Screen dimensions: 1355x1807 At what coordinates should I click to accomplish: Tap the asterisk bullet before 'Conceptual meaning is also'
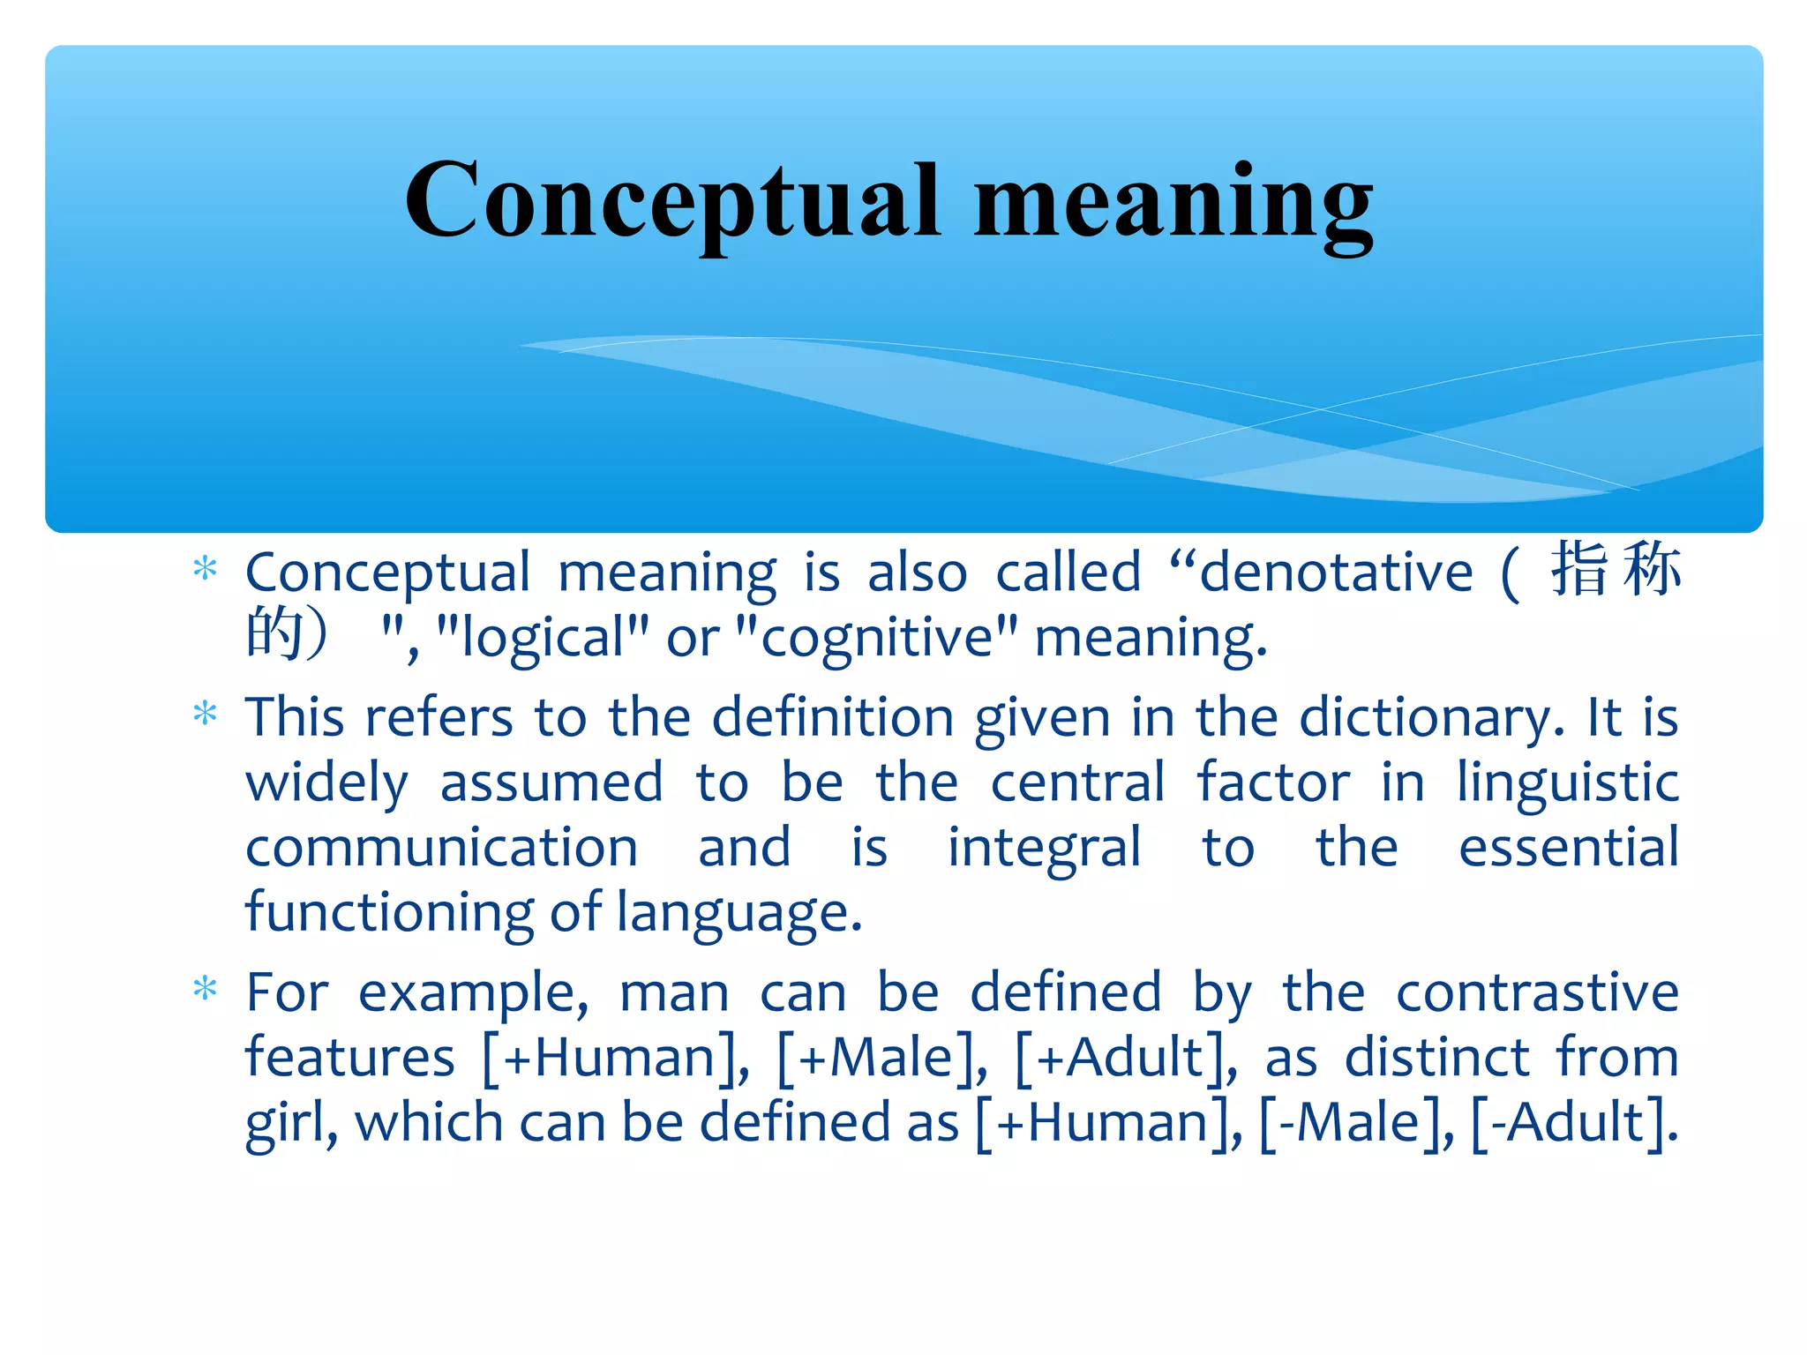[205, 569]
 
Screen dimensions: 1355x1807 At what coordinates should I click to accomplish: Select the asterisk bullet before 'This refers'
[205, 713]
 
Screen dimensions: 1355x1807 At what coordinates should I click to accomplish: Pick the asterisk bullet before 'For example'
[205, 989]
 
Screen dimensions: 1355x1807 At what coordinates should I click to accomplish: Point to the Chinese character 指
[1580, 569]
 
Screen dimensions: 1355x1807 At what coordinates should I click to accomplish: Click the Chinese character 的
[274, 633]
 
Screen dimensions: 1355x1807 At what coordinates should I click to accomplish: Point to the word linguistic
[1567, 783]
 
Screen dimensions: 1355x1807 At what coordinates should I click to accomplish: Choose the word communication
[441, 848]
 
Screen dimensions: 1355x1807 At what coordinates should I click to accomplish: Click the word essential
[1568, 848]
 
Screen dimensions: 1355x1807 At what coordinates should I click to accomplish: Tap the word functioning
[389, 913]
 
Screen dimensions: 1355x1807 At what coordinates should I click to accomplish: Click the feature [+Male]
[881, 1058]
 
